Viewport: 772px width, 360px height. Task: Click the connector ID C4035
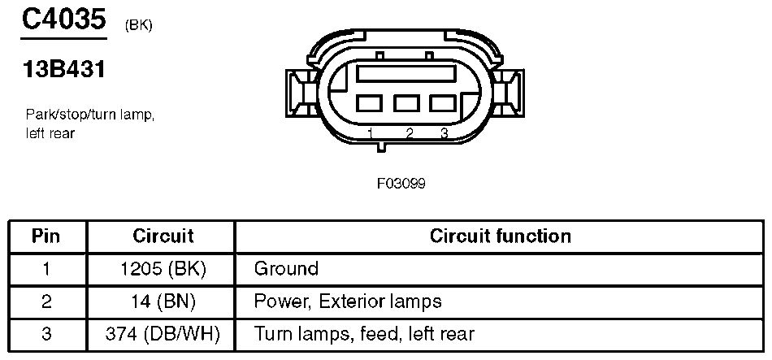(x=63, y=20)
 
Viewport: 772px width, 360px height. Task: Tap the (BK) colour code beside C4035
(x=139, y=25)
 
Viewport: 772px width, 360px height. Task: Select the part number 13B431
(x=64, y=71)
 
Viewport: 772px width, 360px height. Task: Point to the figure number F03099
(x=401, y=183)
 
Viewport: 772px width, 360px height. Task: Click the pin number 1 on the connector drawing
(x=370, y=132)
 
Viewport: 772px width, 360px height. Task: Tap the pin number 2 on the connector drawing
(x=409, y=132)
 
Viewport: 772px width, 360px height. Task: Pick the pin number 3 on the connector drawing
(x=444, y=132)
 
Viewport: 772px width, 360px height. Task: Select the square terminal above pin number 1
(x=369, y=104)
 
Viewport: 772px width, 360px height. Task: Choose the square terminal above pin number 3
(x=442, y=104)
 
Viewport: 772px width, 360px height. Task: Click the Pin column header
(x=46, y=236)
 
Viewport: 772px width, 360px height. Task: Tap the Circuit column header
(x=163, y=236)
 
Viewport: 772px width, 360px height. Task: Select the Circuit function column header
(x=500, y=236)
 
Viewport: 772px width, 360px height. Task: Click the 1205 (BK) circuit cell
(x=163, y=269)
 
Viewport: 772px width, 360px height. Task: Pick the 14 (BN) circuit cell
(x=163, y=301)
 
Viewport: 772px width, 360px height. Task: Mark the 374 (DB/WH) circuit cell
(x=163, y=334)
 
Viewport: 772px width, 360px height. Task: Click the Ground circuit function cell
(x=286, y=269)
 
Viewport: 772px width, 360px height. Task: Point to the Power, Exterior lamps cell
(x=348, y=301)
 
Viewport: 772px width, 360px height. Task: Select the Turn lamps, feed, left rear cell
(x=364, y=334)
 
